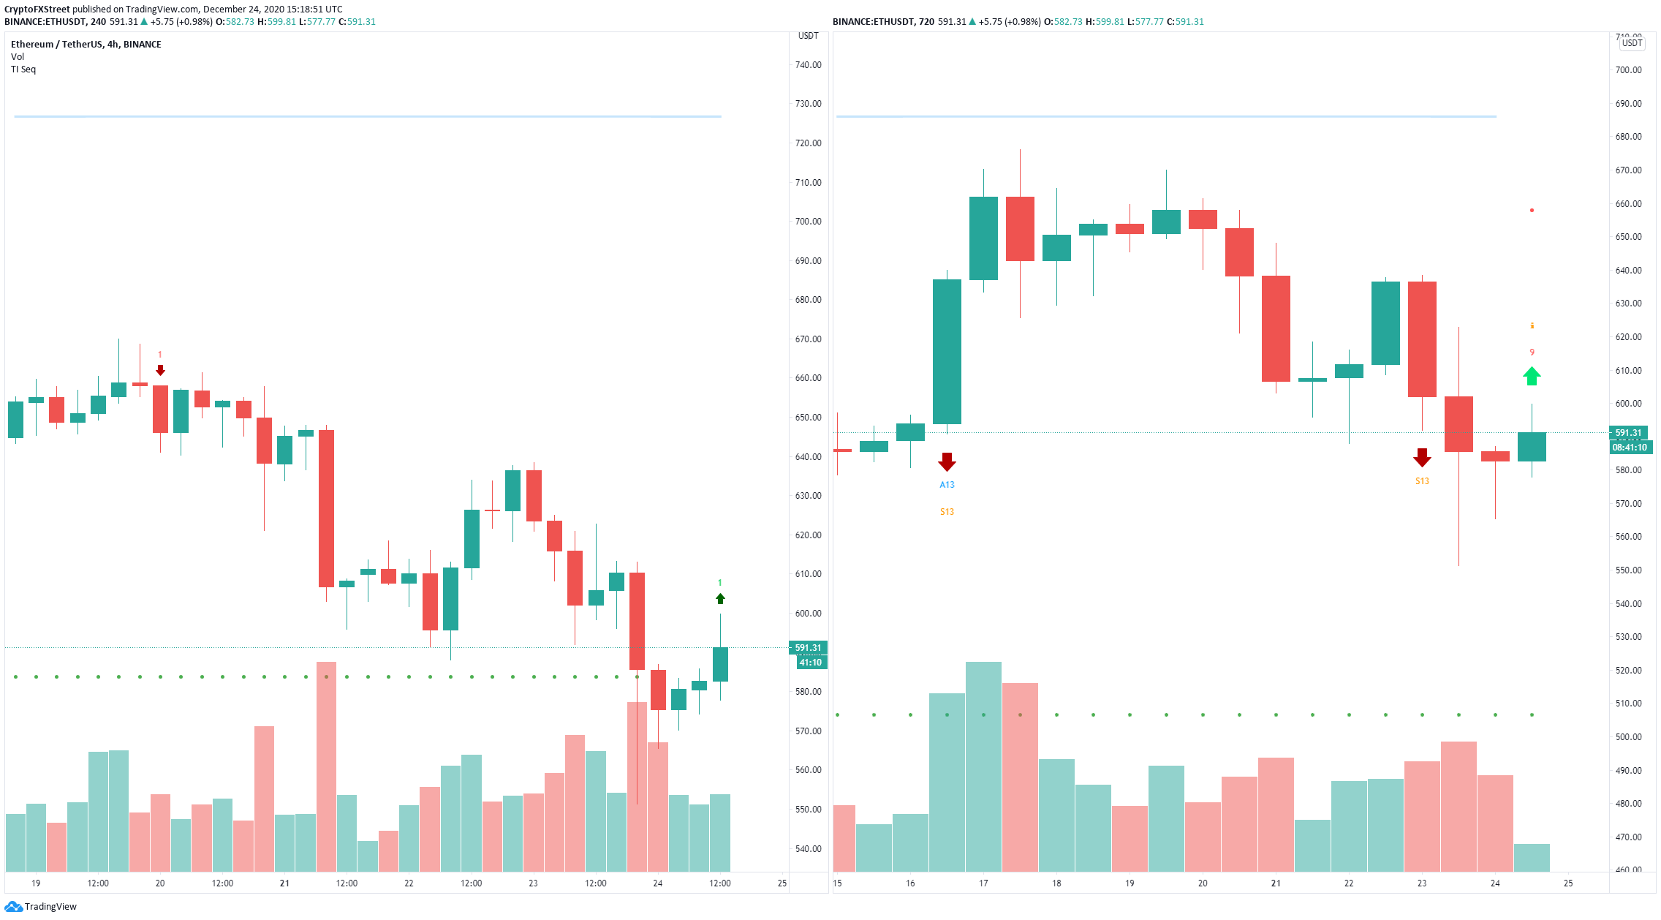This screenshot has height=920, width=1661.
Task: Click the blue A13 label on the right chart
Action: coord(947,485)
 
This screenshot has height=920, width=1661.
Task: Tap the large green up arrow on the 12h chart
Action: coord(1532,376)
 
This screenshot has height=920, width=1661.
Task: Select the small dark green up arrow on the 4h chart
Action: coord(720,599)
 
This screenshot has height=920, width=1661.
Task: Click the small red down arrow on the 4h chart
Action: coord(160,371)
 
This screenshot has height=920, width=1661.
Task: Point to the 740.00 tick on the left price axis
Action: coord(808,65)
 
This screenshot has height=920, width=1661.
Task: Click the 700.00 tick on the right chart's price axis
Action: coord(1628,70)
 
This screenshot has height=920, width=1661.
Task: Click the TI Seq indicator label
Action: coord(23,69)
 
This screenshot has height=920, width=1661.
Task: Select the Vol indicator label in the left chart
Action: coord(18,57)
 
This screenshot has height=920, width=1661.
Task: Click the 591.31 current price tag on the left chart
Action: coord(808,648)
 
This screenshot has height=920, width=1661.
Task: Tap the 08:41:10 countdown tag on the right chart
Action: coord(1630,448)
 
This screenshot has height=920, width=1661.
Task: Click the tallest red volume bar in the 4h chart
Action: coord(326,766)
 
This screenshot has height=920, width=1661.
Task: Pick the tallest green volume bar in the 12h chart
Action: coord(983,766)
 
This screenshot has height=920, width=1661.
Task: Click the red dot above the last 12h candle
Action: coord(1532,211)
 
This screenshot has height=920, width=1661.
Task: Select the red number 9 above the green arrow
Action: coord(1532,352)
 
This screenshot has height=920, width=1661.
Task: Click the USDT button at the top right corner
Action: coord(1632,43)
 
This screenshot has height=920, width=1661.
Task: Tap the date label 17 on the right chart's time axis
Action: coord(983,883)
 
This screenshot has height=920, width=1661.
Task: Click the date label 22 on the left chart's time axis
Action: coord(409,883)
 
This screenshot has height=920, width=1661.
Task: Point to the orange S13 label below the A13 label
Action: coord(947,512)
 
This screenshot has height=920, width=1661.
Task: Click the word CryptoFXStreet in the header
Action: coord(37,10)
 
